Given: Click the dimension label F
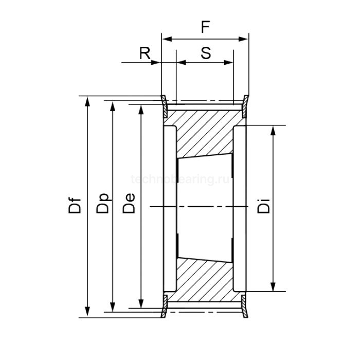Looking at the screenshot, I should click(x=205, y=27).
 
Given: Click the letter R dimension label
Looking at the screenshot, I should click(x=146, y=53).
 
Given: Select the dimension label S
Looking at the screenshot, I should click(x=205, y=53).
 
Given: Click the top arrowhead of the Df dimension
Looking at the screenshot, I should click(x=88, y=100).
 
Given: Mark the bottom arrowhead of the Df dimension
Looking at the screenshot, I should click(x=88, y=312).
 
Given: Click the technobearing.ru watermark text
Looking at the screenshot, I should click(x=183, y=179).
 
